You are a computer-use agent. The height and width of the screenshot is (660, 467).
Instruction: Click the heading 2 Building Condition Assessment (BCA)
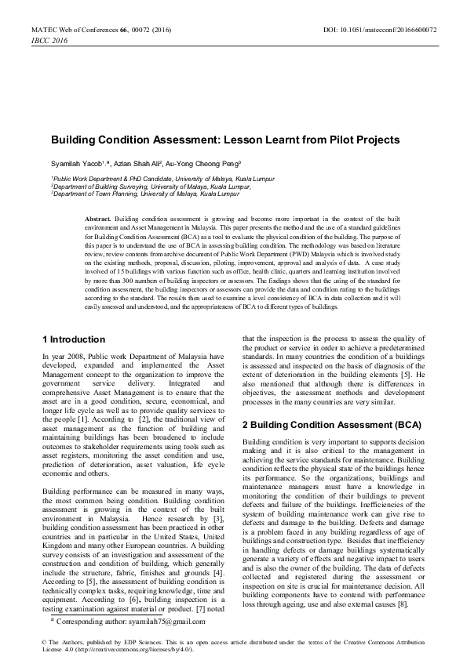(x=331, y=424)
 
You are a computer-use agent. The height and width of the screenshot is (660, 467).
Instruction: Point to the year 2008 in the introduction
(x=74, y=356)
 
